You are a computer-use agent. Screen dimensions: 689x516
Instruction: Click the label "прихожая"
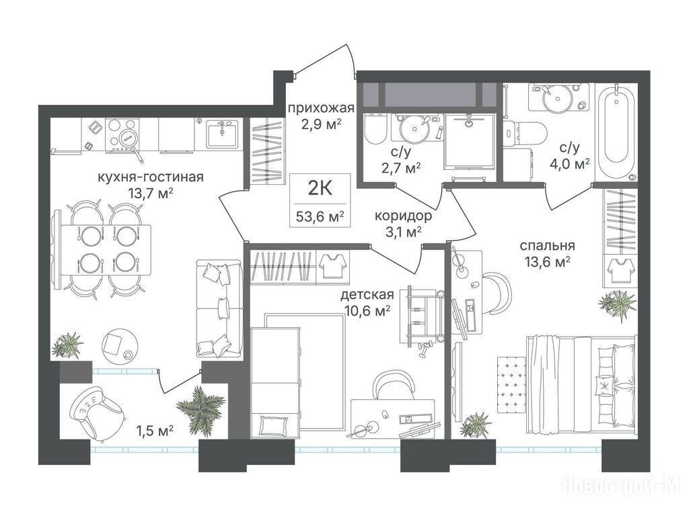[321, 108]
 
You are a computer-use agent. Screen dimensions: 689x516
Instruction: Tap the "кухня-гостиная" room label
[150, 177]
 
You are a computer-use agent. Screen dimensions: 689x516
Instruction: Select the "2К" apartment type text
[320, 189]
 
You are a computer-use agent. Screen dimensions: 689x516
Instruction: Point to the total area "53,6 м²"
[320, 216]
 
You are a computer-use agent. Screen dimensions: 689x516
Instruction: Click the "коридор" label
[403, 216]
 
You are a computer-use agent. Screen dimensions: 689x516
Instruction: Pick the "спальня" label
[547, 246]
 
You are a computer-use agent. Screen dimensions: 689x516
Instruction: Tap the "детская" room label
[367, 294]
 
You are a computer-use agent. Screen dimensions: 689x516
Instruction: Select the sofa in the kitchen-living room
[219, 308]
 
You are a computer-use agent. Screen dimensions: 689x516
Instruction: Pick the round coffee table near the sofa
[119, 345]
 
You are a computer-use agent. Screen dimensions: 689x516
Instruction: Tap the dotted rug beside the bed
[511, 382]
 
